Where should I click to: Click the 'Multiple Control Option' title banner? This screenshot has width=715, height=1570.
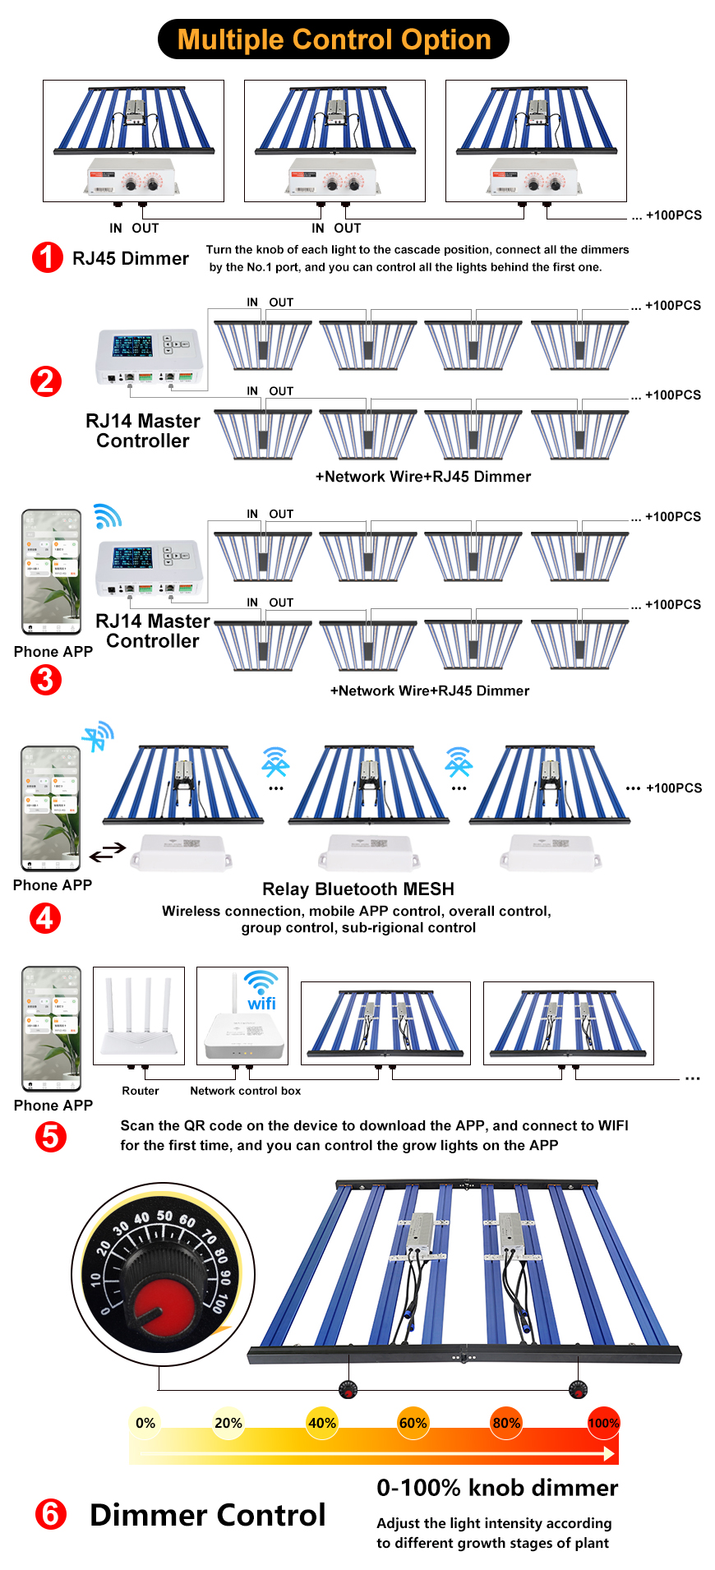pos(333,39)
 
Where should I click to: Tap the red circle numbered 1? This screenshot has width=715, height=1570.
pos(47,257)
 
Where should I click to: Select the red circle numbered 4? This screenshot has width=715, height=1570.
pos(45,917)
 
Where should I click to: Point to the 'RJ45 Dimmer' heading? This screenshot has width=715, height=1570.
pos(131,258)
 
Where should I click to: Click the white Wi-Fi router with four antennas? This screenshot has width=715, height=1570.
pos(139,1018)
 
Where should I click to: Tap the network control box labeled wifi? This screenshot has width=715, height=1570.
pos(243,1019)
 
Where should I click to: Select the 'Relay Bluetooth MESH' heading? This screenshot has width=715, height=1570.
pos(358,889)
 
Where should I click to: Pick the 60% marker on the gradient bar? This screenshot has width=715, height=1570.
pos(413,1423)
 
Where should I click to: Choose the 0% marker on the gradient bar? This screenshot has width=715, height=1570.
pos(145,1423)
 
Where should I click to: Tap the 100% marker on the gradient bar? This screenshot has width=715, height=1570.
pos(603,1423)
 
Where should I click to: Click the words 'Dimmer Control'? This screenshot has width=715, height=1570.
pos(207,1515)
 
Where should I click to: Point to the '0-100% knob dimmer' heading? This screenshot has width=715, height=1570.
pos(497,1488)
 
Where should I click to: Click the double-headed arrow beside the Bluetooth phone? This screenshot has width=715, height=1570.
pos(108,852)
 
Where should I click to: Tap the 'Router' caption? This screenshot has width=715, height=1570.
pos(141,1091)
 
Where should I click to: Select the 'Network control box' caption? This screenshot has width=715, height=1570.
pos(245,1091)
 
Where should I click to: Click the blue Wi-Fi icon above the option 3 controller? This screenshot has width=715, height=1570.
pos(107,516)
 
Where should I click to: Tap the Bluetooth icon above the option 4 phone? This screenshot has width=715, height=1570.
pos(98,736)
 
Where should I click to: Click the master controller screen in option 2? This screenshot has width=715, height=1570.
pos(132,346)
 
